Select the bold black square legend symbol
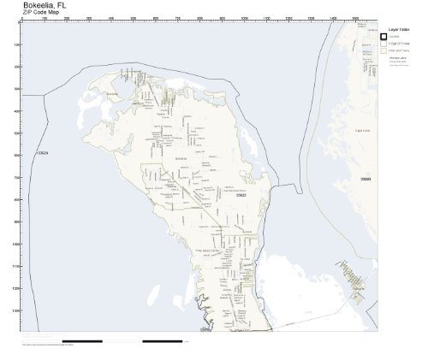coord(383,38)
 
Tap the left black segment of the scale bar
coord(83,342)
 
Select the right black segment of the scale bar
coord(163,342)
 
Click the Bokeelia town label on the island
coord(180,159)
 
